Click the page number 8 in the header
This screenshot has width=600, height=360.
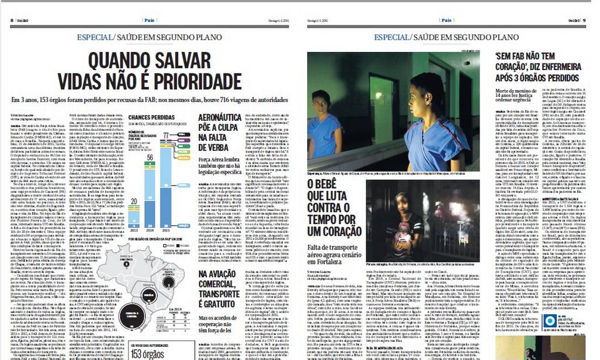pos(12,20)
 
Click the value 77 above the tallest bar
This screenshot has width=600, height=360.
pos(166,135)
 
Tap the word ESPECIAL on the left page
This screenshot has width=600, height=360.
pos(95,37)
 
